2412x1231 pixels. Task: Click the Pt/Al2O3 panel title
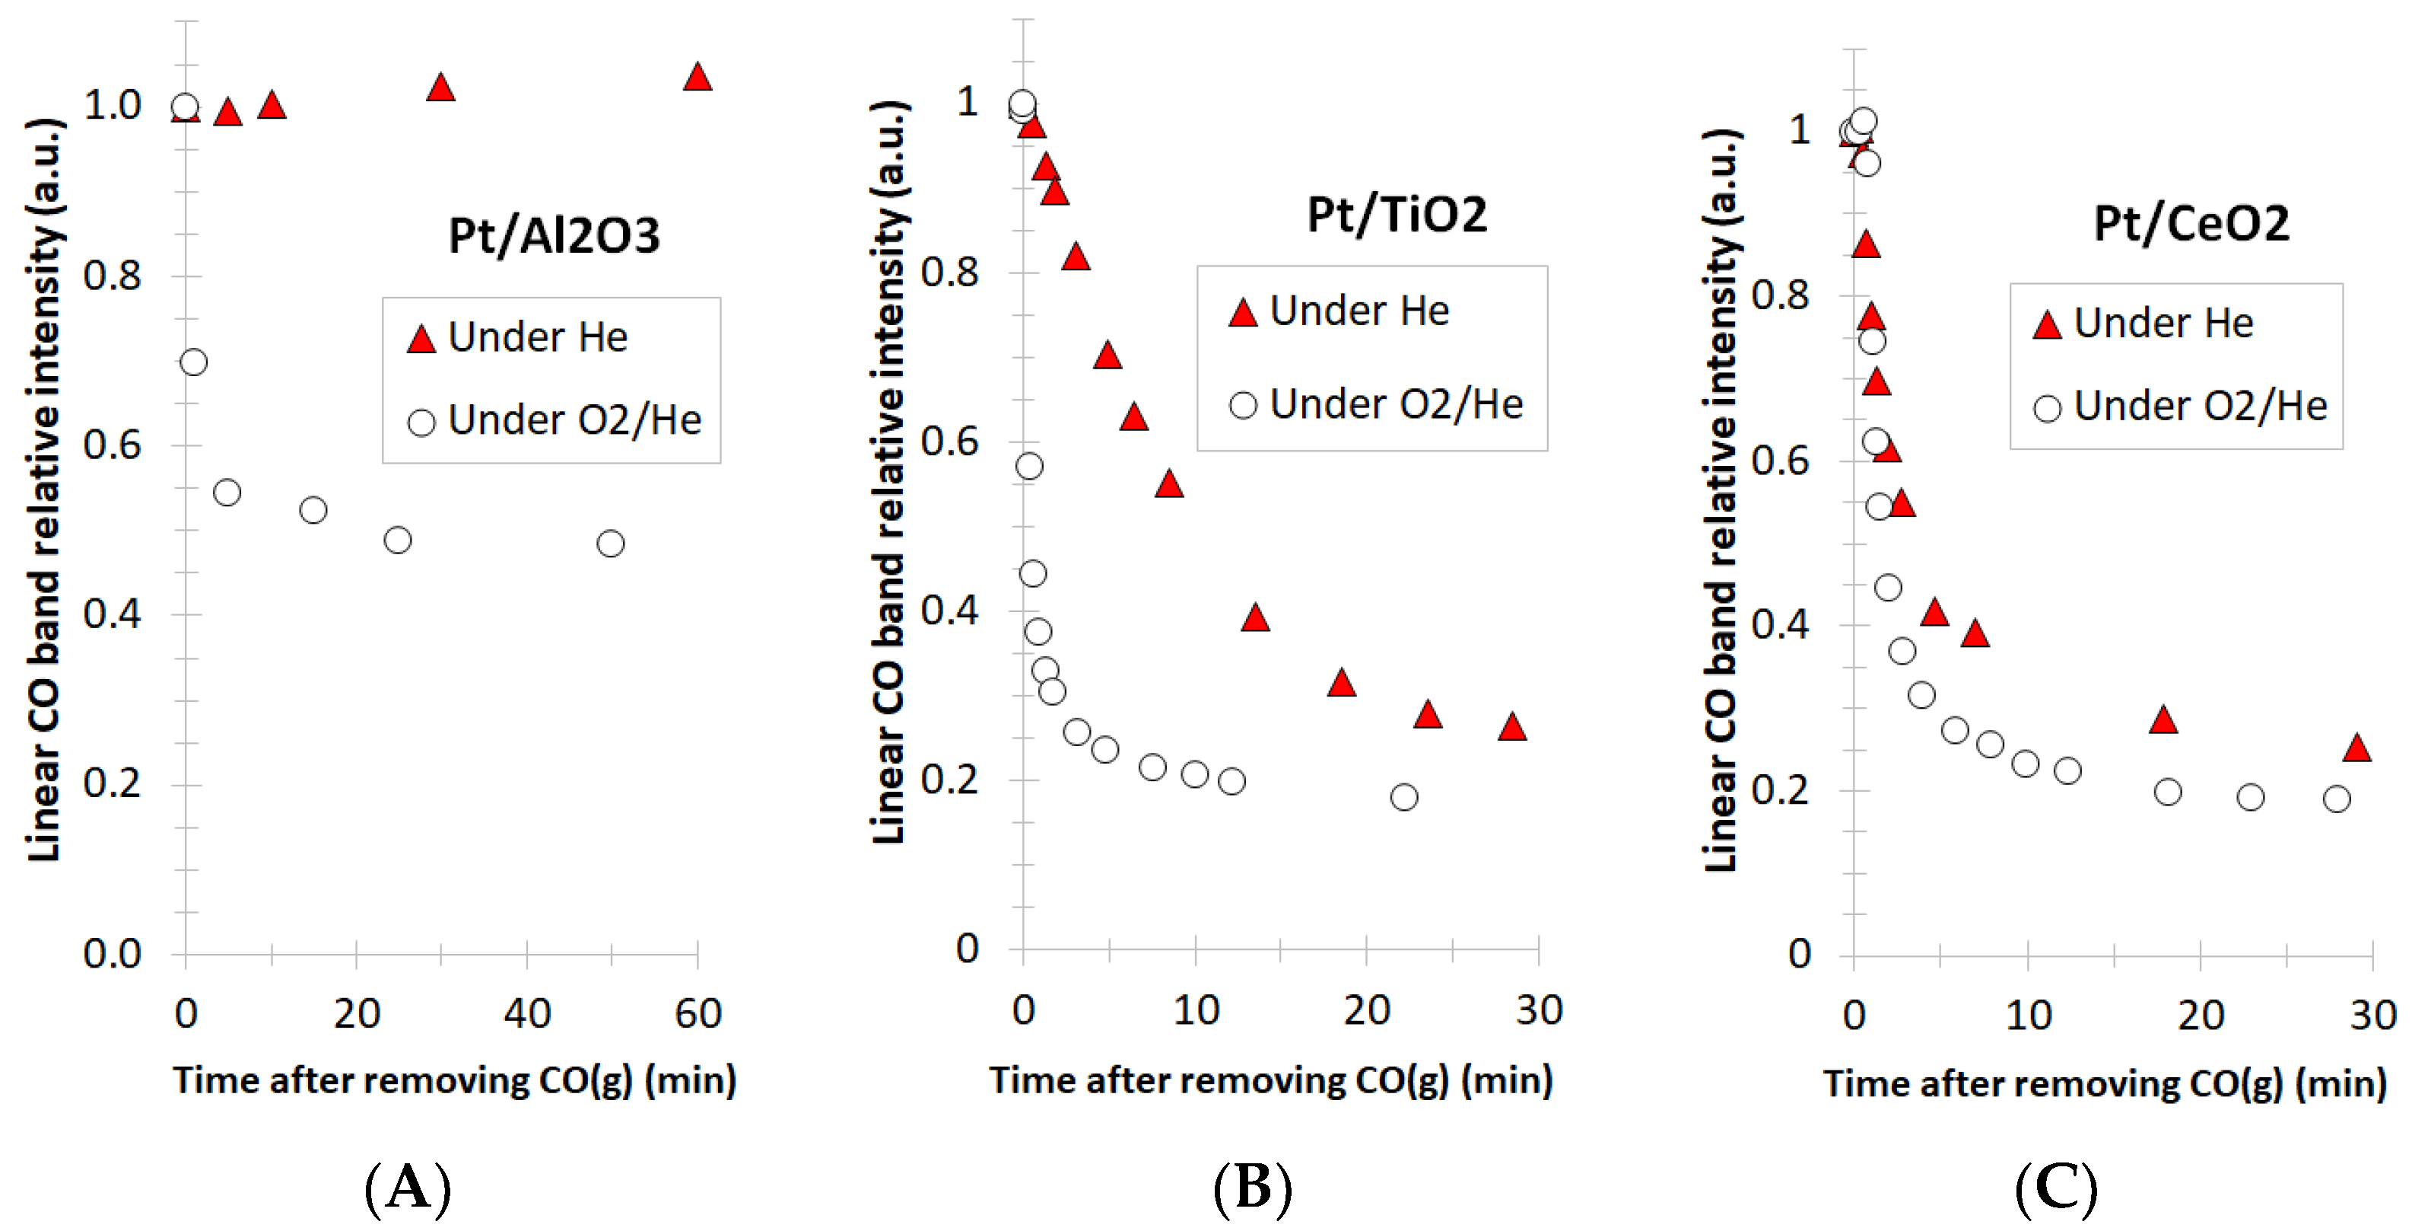pos(554,235)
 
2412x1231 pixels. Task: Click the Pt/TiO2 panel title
pos(1395,215)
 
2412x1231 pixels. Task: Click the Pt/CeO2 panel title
pos(2190,224)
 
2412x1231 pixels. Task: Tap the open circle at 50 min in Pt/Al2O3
pos(609,544)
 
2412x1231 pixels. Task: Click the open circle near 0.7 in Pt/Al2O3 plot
pos(193,362)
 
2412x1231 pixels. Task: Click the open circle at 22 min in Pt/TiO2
pos(1403,797)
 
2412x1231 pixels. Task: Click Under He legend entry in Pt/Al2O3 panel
pos(536,337)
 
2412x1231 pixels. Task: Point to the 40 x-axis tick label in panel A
pos(526,1014)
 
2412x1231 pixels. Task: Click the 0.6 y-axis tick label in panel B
pos(949,442)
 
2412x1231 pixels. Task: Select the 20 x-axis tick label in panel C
pos(2200,1016)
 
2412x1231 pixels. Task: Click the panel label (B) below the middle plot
pos(1252,1188)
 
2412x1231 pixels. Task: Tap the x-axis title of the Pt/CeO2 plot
pos(2104,1084)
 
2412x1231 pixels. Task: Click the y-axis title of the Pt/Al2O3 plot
pos(44,487)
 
